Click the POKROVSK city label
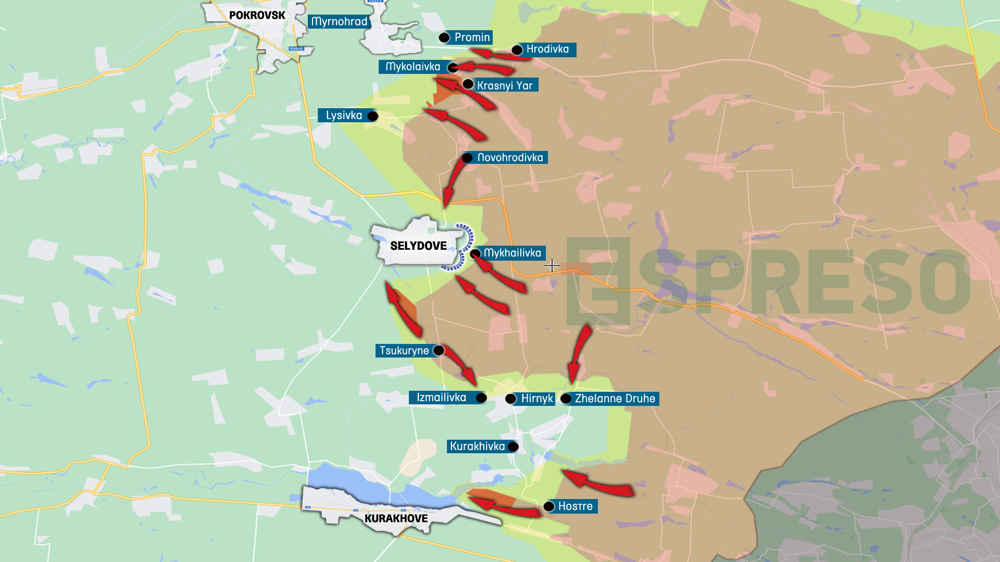click(257, 16)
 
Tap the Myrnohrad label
click(340, 22)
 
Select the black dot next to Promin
click(444, 37)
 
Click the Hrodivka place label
click(547, 49)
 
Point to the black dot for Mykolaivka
click(453, 67)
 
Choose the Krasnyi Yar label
click(505, 85)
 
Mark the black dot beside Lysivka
click(372, 116)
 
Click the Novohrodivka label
click(510, 158)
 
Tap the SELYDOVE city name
click(418, 246)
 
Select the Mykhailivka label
click(512, 253)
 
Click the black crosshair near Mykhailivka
click(552, 266)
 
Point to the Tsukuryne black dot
click(439, 351)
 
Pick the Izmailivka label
click(441, 398)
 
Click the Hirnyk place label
click(537, 399)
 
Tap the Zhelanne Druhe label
click(615, 399)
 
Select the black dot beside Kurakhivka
click(513, 446)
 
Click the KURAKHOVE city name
click(396, 519)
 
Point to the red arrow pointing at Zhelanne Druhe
click(579, 354)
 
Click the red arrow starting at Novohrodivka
click(452, 182)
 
